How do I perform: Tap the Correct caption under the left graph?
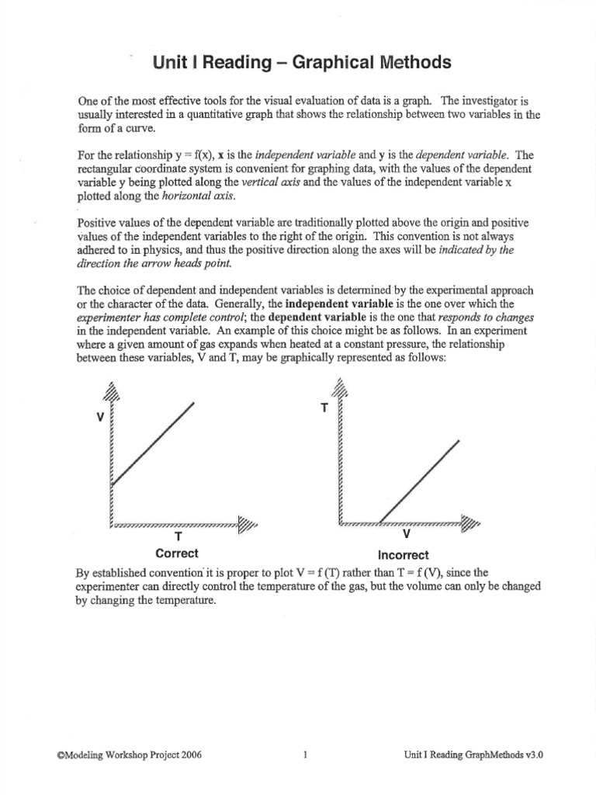(177, 554)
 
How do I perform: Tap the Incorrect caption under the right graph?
(404, 555)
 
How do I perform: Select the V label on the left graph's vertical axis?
(100, 417)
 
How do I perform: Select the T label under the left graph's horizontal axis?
(178, 536)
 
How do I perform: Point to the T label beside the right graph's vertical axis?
(324, 408)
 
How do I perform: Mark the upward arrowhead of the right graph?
(339, 386)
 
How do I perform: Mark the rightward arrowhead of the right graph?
(470, 524)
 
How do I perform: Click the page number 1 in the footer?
(306, 754)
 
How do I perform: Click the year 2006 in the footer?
(190, 754)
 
